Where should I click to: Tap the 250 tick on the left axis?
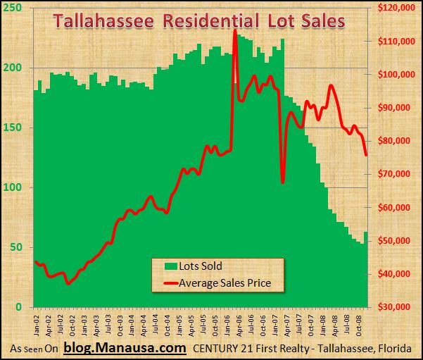(x=14, y=8)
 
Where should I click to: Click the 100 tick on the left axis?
(x=14, y=187)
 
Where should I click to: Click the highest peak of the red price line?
(x=234, y=31)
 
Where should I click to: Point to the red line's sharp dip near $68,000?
(x=282, y=182)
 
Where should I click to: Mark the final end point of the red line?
(x=365, y=154)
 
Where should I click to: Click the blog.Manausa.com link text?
(x=125, y=348)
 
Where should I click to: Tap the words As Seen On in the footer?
(x=34, y=349)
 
